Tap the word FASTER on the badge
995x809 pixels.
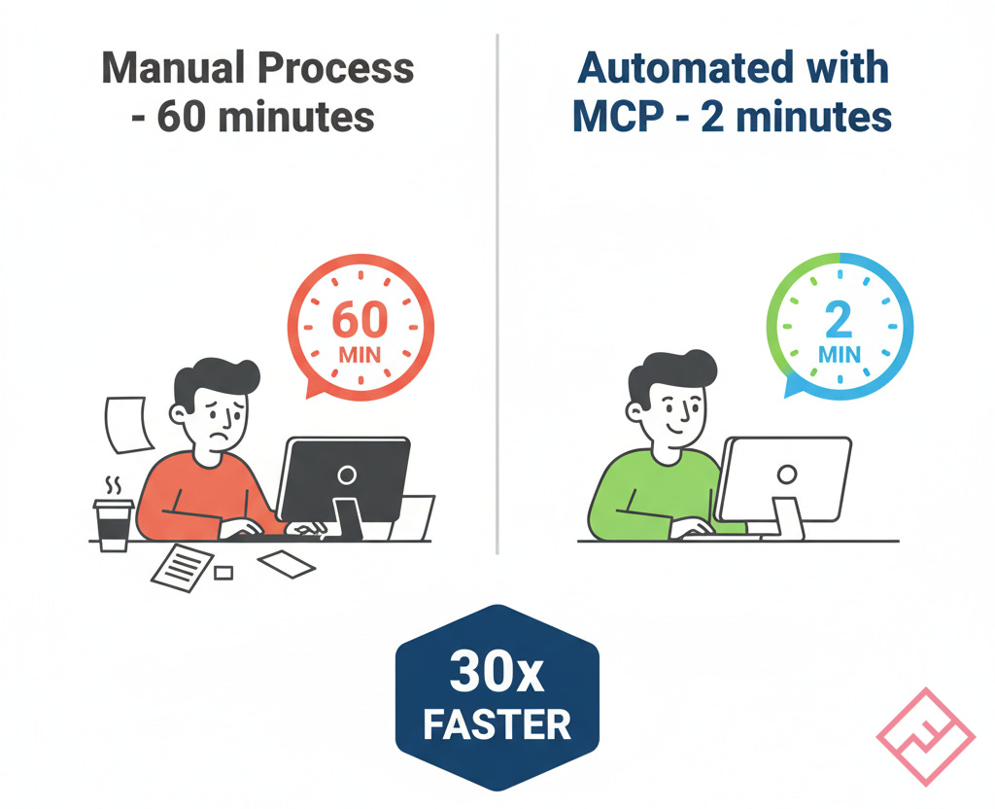pos(497,723)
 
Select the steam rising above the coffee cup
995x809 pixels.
pos(114,483)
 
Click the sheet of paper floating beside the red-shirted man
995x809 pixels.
pos(124,423)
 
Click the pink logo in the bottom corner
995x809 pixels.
pos(925,737)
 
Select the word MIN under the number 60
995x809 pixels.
pos(360,354)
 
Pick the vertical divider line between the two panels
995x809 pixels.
pos(497,292)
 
